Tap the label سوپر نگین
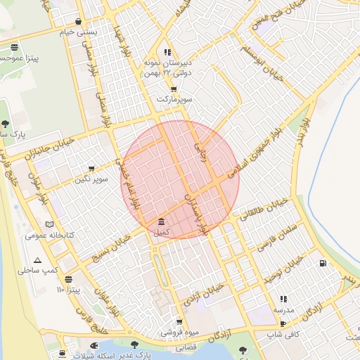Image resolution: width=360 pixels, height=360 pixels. [x=93, y=179]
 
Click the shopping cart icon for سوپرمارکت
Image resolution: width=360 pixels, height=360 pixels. [x=173, y=89]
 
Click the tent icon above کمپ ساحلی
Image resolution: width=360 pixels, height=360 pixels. [x=37, y=260]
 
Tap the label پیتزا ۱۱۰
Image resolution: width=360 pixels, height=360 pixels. [x=70, y=290]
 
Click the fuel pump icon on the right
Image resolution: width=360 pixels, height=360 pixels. [x=323, y=264]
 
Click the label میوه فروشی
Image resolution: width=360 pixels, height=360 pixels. [x=176, y=332]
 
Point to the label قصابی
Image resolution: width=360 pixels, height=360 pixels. [x=185, y=347]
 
